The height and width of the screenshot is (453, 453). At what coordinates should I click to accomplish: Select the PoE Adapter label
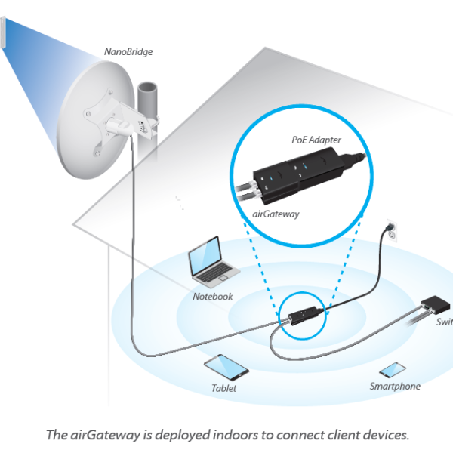coord(316,140)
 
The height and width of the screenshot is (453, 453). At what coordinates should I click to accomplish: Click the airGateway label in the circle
coord(275,214)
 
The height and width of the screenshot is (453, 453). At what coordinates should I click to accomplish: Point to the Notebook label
coord(213,297)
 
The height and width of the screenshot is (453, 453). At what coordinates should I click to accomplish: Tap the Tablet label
coord(223,388)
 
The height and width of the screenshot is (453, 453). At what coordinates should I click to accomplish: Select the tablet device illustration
coord(226,365)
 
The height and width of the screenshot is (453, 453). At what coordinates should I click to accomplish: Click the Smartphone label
coord(395,386)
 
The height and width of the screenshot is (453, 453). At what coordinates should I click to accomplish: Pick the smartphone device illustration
coord(392,370)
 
